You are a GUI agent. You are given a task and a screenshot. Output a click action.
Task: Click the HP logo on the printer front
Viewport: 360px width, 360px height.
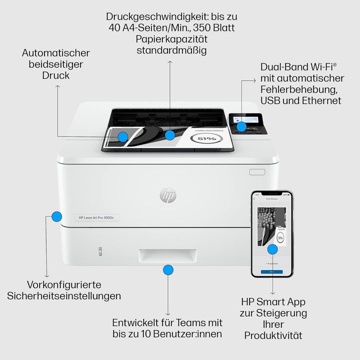tap(168, 195)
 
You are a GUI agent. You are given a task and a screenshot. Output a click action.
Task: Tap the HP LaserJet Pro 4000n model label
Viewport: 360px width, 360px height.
tap(96, 217)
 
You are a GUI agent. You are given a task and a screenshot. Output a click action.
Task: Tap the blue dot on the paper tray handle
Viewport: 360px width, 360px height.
tap(168, 270)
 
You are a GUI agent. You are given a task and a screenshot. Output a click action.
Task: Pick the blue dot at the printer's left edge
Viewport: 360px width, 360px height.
tap(57, 216)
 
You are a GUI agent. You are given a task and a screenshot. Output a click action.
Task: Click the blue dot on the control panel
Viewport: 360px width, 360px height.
tap(241, 127)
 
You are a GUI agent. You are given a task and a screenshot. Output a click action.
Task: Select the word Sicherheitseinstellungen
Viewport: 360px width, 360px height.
tap(64, 295)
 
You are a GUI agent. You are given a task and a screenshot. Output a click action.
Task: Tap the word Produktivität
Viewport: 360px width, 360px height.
tap(273, 335)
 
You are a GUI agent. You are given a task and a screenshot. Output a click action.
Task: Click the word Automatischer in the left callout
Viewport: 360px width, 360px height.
tap(56, 53)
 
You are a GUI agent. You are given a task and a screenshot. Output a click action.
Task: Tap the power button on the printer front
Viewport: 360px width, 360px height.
tap(257, 171)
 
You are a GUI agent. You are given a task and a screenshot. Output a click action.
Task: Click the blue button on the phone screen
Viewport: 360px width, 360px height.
tap(271, 271)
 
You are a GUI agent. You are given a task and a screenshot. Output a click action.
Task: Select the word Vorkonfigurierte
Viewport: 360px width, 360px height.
tap(64, 284)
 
